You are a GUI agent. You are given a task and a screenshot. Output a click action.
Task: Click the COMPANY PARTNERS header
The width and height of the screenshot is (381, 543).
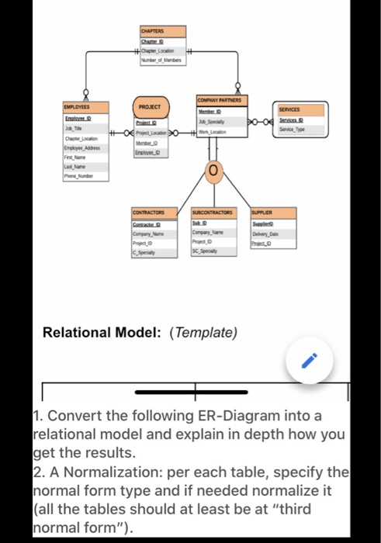click(x=220, y=100)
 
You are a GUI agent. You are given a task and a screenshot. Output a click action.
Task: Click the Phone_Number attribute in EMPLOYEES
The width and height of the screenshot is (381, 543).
click(x=80, y=176)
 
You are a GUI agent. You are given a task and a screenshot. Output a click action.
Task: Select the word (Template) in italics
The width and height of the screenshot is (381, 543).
click(x=204, y=332)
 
